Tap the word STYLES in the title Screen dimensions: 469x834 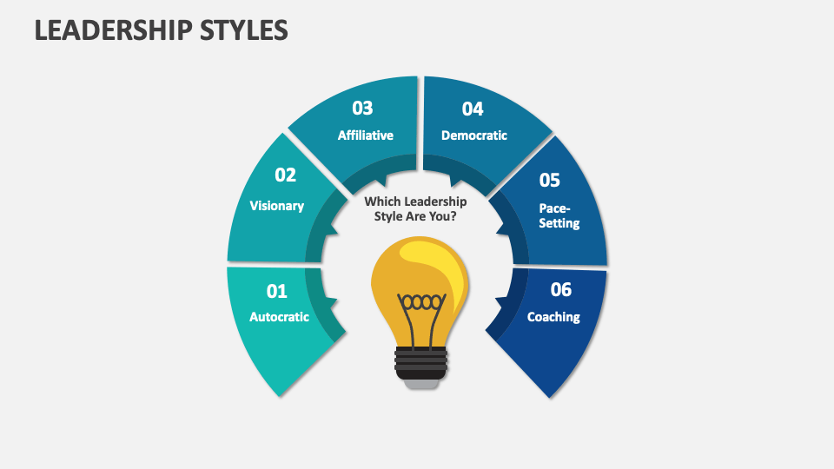[246, 30]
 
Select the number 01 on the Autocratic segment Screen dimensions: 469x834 [276, 291]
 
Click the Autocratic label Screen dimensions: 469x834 [279, 317]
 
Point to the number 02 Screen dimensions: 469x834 [286, 175]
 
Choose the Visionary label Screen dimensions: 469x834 [277, 206]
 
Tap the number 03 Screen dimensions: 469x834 [362, 109]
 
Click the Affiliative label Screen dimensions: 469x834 [366, 135]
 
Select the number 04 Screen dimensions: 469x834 [473, 109]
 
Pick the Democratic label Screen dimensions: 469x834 [474, 135]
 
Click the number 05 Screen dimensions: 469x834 [550, 181]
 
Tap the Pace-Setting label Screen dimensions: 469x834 [558, 216]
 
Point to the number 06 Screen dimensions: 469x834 [561, 290]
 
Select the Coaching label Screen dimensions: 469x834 [553, 317]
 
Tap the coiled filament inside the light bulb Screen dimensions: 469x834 [421, 303]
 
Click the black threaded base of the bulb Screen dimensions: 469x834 [421, 360]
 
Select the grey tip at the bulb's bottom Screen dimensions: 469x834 [421, 383]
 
